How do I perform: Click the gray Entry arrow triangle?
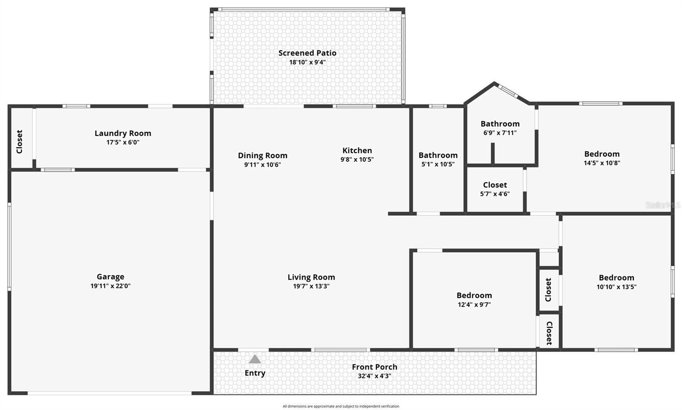255,359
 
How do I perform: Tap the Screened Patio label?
307,53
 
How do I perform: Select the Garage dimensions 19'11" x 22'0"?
110,286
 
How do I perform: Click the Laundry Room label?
123,133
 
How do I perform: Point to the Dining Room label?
263,155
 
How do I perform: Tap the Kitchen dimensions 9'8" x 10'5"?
357,160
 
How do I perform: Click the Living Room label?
311,277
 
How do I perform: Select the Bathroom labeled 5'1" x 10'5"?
438,155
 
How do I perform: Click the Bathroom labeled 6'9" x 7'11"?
500,124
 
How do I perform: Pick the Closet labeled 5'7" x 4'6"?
495,185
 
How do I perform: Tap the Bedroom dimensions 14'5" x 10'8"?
602,163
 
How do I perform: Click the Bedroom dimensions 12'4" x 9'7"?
474,305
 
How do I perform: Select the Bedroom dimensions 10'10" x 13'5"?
616,287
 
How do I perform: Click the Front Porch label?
374,367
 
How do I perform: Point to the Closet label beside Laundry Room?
19,142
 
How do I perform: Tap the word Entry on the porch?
255,373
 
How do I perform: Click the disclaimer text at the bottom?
341,406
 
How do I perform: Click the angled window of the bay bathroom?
508,91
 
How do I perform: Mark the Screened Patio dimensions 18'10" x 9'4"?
307,62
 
